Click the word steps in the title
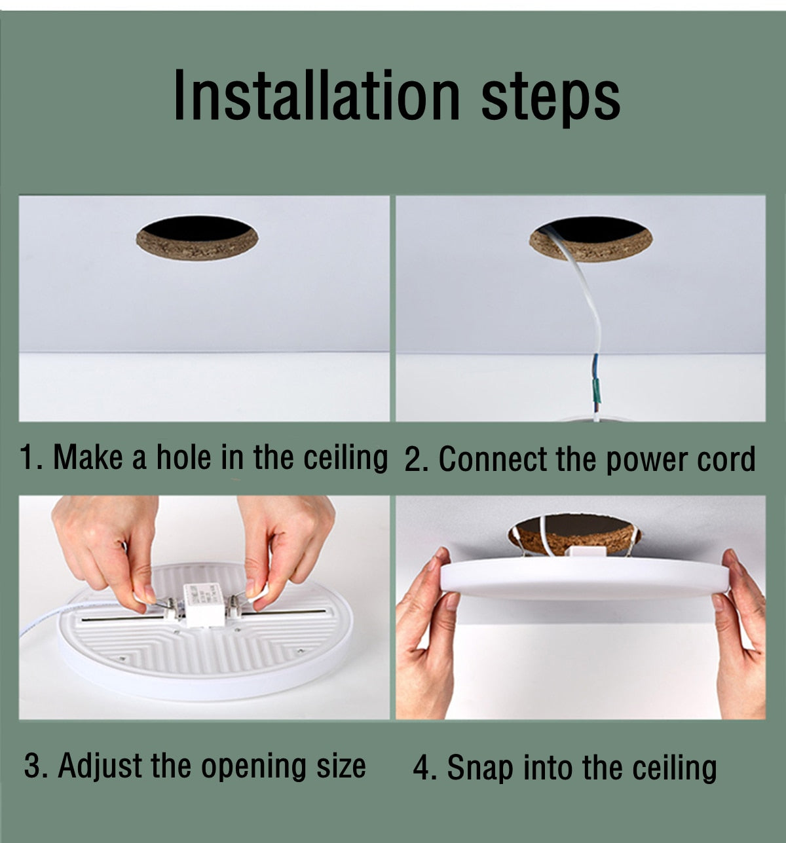click(550, 98)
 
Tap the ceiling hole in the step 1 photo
click(196, 237)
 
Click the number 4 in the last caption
click(424, 768)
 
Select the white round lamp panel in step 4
click(583, 576)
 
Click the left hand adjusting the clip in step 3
click(108, 544)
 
